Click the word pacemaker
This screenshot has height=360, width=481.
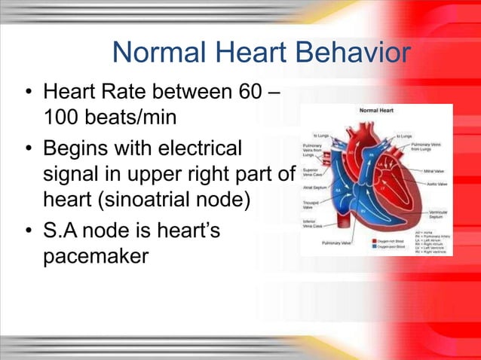(96, 256)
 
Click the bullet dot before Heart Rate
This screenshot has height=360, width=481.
(28, 96)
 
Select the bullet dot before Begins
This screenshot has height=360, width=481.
(28, 148)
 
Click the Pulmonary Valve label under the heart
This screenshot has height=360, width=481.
(337, 243)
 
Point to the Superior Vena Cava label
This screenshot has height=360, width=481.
(313, 173)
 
